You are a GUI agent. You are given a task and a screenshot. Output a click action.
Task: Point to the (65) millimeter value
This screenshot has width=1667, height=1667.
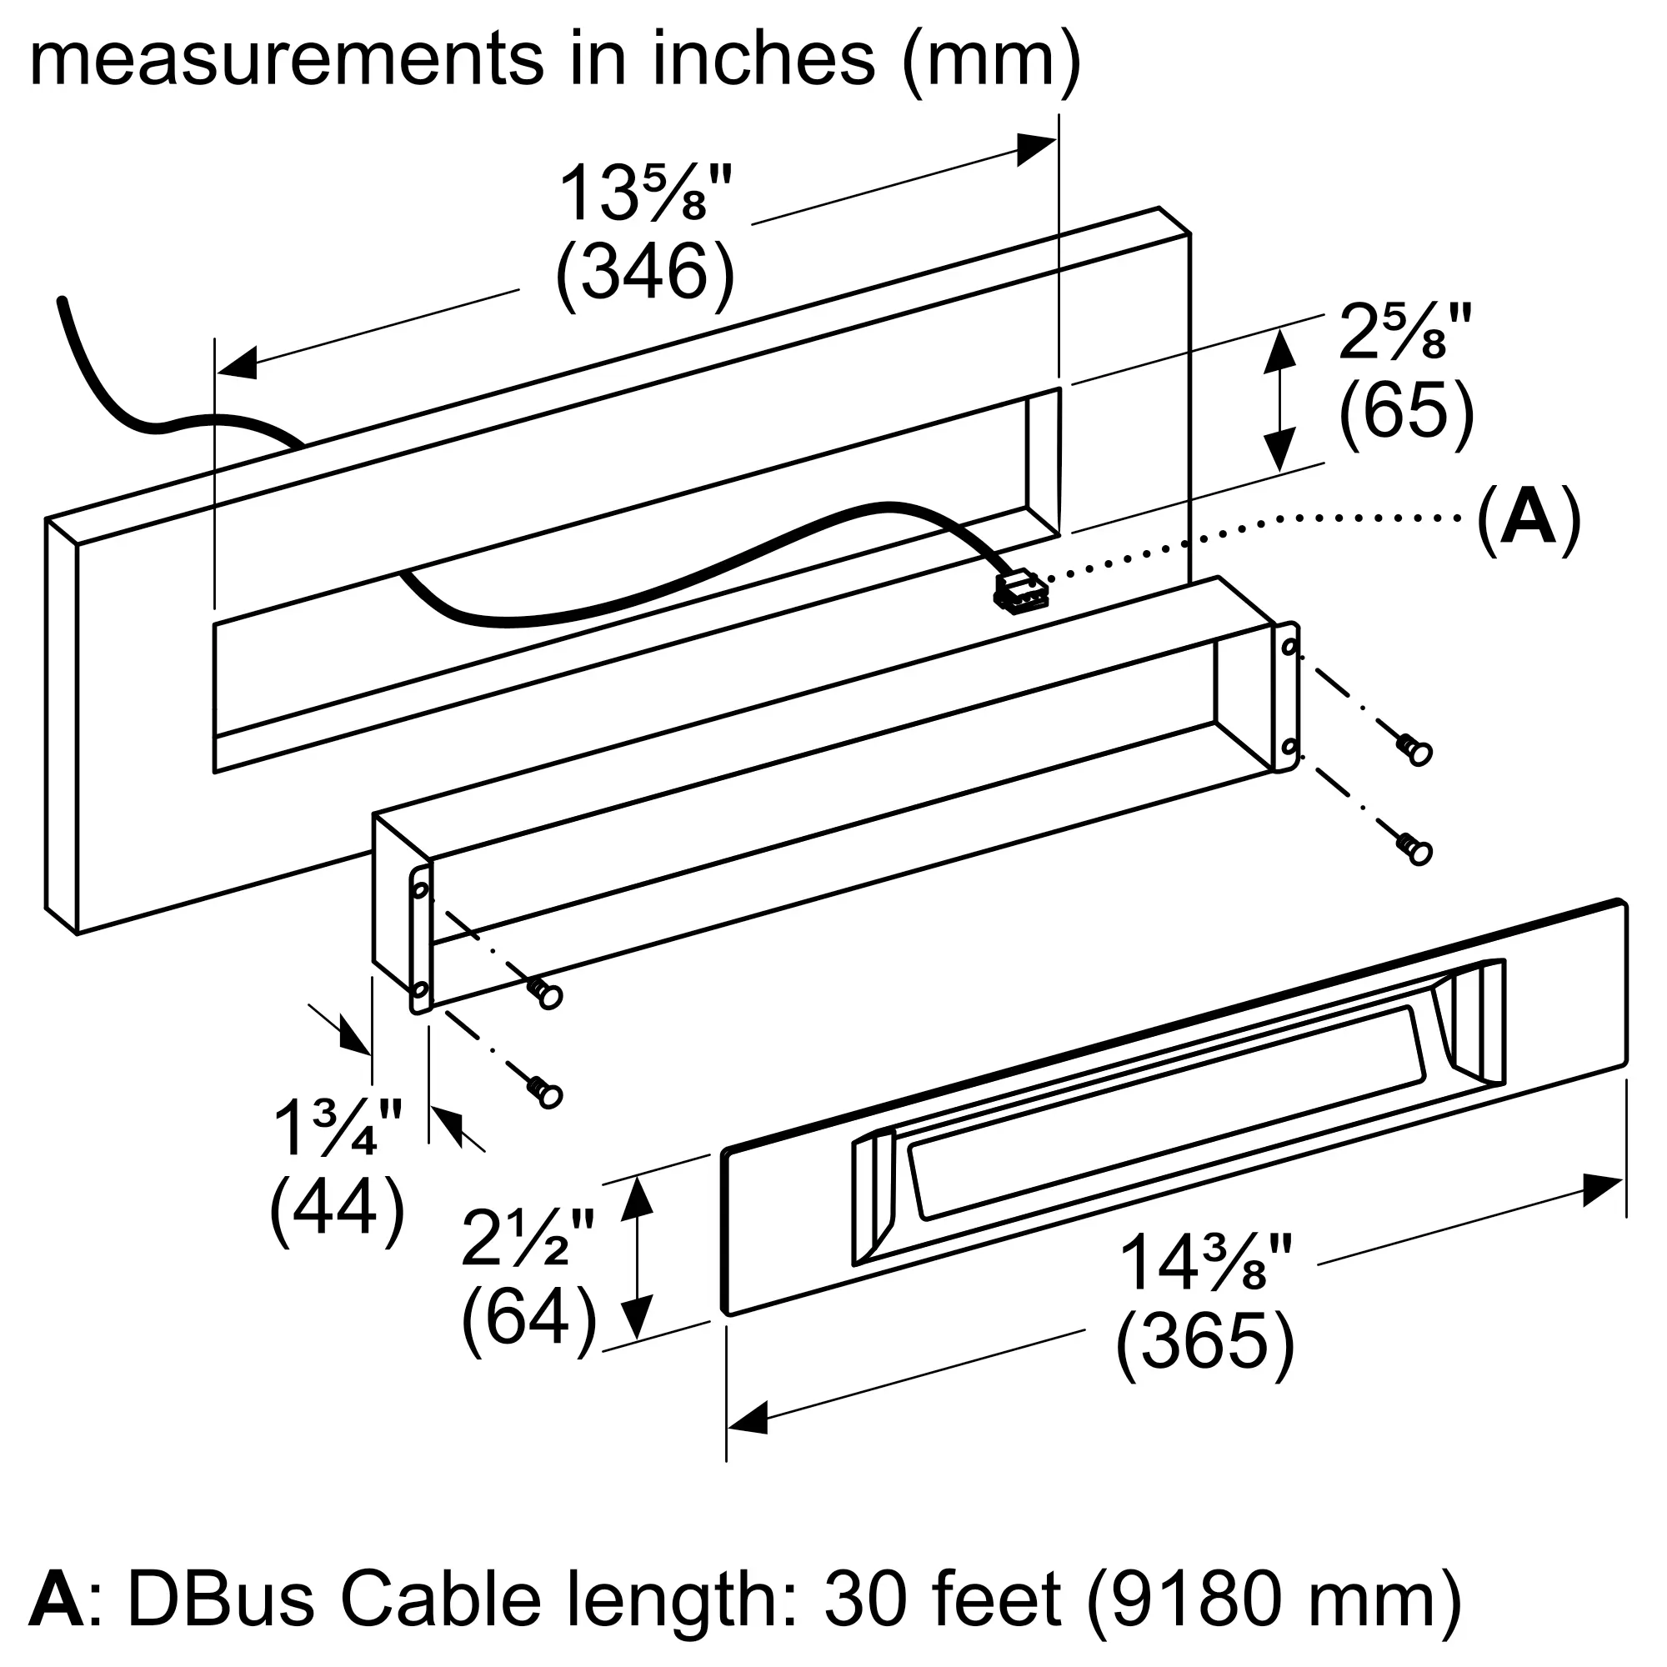[1406, 412]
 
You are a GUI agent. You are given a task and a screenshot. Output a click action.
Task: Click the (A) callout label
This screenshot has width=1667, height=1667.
[1529, 519]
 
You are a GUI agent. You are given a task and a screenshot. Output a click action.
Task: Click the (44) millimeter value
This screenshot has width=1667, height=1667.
[338, 1209]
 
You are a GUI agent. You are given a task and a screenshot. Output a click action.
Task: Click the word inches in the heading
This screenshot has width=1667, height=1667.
[763, 58]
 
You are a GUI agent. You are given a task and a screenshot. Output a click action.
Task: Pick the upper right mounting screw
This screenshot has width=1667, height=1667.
[1414, 749]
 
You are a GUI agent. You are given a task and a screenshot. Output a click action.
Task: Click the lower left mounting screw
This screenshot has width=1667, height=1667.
[544, 1093]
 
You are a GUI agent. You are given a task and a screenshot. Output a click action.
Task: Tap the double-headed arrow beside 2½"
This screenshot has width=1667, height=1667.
[636, 1257]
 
